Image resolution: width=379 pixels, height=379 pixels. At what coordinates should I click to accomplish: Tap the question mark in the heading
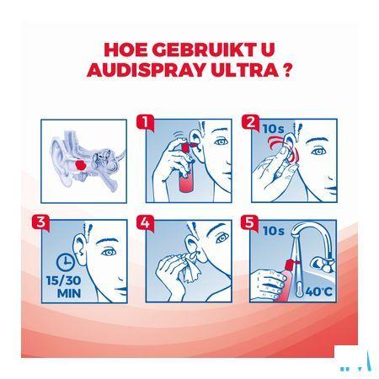(x=286, y=70)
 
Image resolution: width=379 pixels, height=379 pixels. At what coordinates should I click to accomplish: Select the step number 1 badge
(x=146, y=122)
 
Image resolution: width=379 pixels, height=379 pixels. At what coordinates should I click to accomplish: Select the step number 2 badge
(x=251, y=123)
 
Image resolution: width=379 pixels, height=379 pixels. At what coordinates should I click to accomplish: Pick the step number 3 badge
(x=40, y=223)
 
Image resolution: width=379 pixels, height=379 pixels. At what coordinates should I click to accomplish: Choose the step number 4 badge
(x=146, y=223)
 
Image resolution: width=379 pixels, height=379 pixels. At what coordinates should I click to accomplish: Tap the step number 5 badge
(x=249, y=223)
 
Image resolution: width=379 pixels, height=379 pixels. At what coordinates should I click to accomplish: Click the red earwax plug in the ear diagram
(x=81, y=165)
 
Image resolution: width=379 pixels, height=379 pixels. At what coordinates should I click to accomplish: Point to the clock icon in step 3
(x=65, y=262)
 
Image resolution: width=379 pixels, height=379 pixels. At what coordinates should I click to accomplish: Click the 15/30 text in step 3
(x=64, y=280)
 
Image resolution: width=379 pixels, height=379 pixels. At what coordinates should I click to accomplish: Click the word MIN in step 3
(x=69, y=293)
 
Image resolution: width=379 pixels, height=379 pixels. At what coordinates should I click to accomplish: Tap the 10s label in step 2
(x=273, y=129)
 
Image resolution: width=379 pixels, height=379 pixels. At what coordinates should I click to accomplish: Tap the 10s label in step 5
(x=274, y=231)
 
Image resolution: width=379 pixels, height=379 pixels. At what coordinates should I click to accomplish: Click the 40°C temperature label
(x=318, y=292)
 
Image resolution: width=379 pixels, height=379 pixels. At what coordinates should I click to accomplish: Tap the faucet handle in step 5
(x=323, y=264)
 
